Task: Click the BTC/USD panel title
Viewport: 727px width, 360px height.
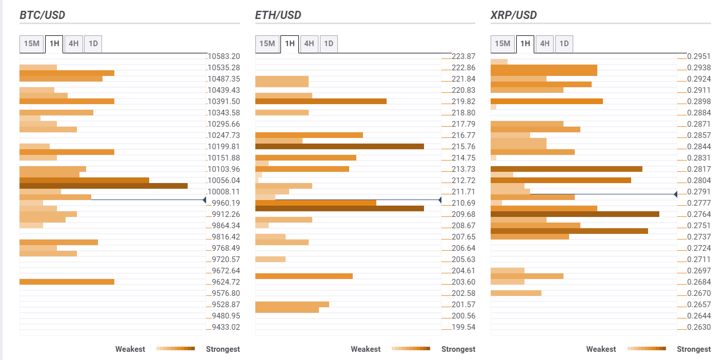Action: click(43, 15)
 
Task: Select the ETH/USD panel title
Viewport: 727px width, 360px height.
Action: click(278, 15)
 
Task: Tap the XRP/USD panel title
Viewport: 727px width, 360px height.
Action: click(514, 15)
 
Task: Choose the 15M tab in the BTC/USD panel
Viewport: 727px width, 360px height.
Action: click(32, 44)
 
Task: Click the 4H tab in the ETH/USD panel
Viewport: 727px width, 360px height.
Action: click(309, 44)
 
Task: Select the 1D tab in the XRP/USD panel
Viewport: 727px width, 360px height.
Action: click(564, 44)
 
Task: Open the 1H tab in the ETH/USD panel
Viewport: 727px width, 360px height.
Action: click(290, 44)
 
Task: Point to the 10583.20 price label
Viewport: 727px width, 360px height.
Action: click(224, 56)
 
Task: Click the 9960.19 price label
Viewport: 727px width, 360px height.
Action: click(226, 203)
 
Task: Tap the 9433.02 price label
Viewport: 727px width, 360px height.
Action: click(226, 327)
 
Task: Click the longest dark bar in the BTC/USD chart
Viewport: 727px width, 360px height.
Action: click(104, 186)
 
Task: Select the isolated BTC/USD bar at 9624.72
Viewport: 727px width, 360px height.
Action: click(67, 282)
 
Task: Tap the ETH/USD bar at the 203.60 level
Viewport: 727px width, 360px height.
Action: click(304, 276)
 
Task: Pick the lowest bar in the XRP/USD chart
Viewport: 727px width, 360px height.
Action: click(516, 293)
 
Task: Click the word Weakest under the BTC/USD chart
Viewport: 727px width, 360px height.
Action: click(130, 349)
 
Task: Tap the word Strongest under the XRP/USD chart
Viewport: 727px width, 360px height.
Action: click(694, 349)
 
